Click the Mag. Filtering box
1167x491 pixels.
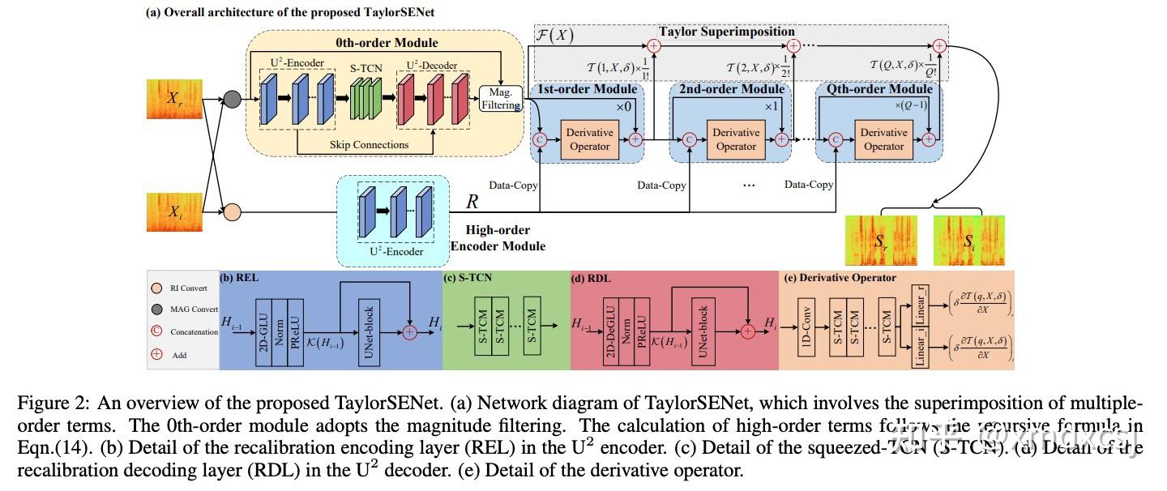(501, 98)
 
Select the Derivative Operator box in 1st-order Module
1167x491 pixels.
(589, 139)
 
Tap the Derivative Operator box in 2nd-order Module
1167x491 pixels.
(736, 139)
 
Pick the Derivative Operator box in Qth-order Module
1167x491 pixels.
(883, 139)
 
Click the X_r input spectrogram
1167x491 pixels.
(173, 99)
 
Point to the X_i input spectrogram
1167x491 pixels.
(173, 212)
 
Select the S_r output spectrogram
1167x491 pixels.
(881, 240)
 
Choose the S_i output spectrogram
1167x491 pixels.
(968, 240)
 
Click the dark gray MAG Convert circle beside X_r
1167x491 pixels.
(232, 99)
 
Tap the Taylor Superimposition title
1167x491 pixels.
(726, 32)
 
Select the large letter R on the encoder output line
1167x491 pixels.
(472, 202)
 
